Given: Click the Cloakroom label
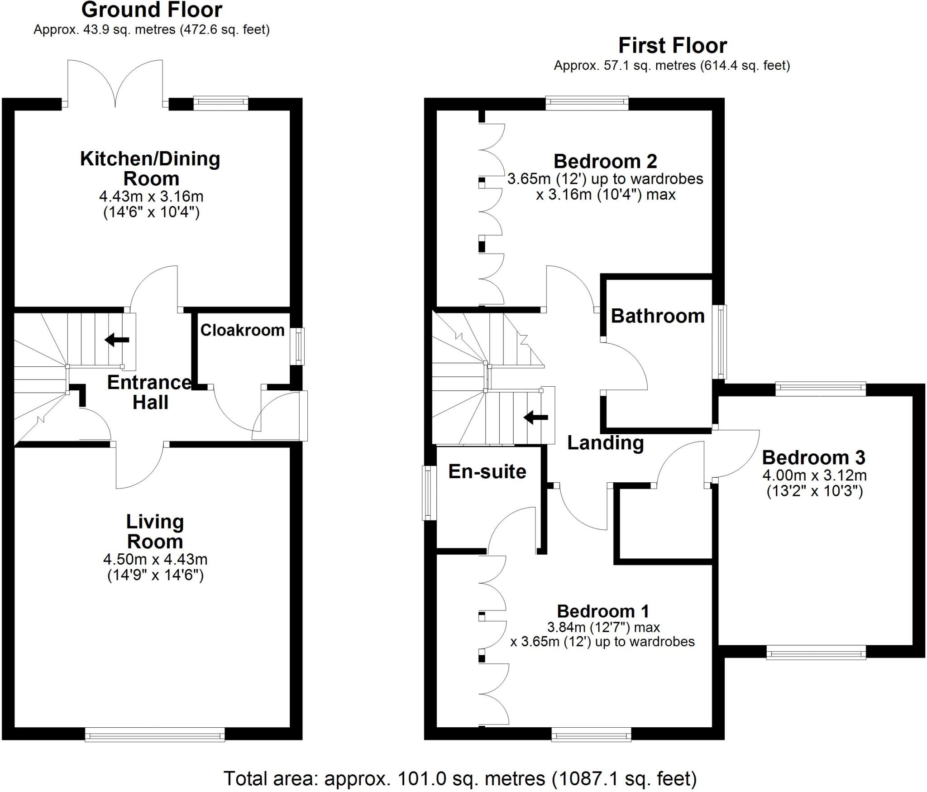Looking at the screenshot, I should pyautogui.click(x=242, y=330).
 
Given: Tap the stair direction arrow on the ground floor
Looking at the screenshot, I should pyautogui.click(x=117, y=340).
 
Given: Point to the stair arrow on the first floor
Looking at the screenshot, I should pyautogui.click(x=536, y=417).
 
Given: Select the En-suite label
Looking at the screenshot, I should pyautogui.click(x=487, y=472).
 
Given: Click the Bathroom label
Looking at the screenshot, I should pyautogui.click(x=658, y=316).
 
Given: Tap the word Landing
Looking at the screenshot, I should pyautogui.click(x=605, y=443).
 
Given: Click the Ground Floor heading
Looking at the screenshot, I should pyautogui.click(x=152, y=10).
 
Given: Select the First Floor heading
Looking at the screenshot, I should pyautogui.click(x=672, y=46).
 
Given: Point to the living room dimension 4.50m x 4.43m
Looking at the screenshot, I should pyautogui.click(x=155, y=559).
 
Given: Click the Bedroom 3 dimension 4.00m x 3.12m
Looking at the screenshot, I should pyautogui.click(x=814, y=475).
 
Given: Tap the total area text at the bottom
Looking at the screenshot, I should pyautogui.click(x=460, y=778).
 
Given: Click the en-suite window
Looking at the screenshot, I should pyautogui.click(x=427, y=493).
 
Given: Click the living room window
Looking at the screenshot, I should pyautogui.click(x=155, y=734).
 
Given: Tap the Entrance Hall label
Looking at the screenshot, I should pyautogui.click(x=150, y=392).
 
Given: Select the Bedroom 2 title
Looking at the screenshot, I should pyautogui.click(x=605, y=161).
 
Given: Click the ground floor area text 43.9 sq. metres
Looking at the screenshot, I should pyautogui.click(x=151, y=30).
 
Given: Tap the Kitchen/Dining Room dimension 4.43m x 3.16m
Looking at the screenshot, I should pyautogui.click(x=151, y=197).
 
